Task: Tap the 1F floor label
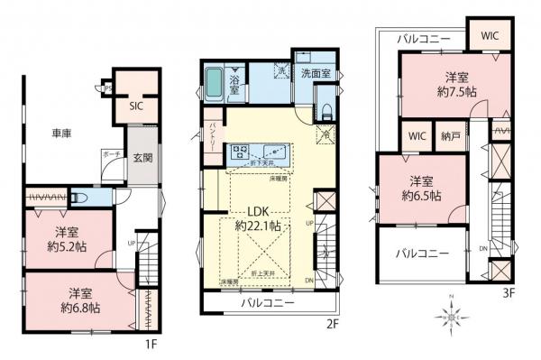pos(153,345)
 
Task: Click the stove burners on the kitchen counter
pos(241,152)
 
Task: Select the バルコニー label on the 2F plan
pos(268,303)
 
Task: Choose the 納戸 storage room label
pos(447,136)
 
